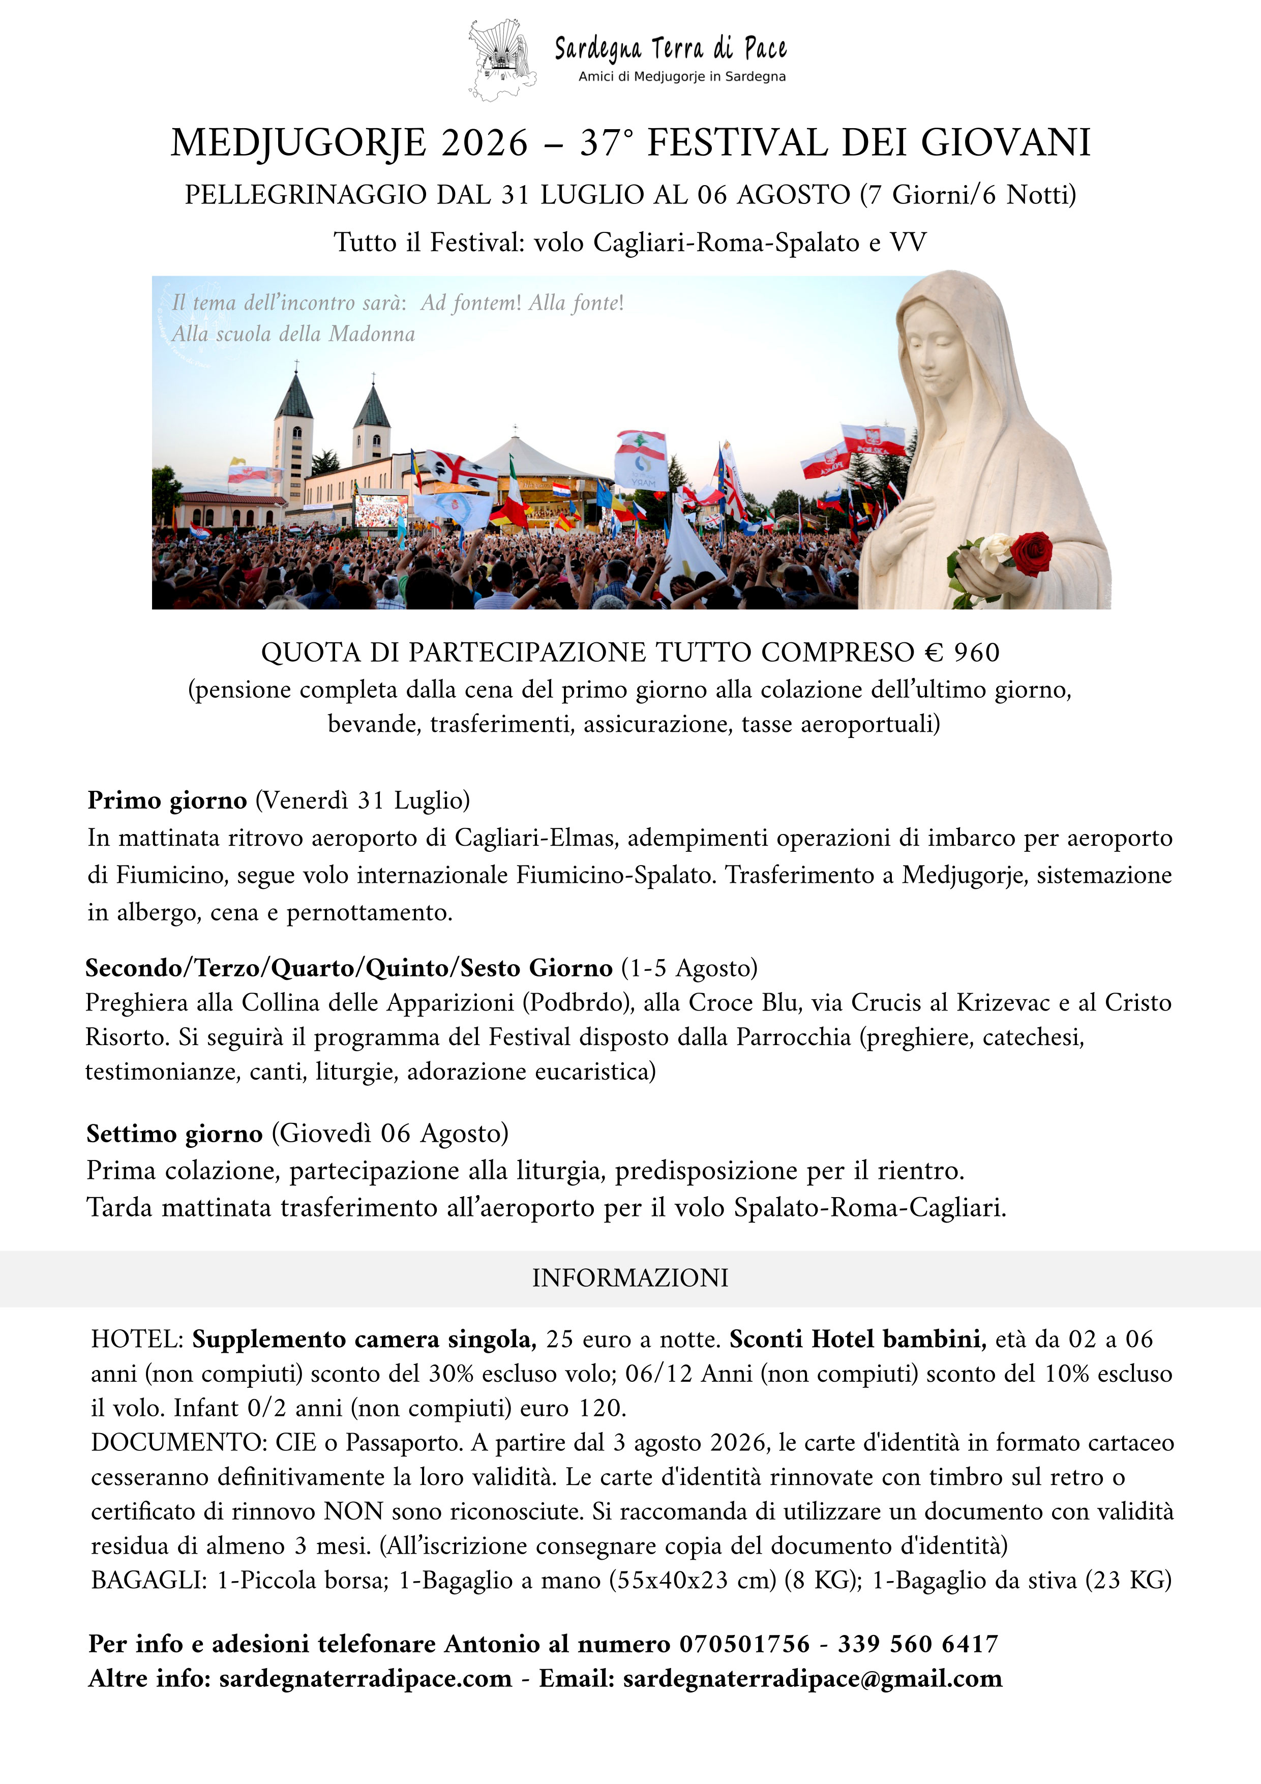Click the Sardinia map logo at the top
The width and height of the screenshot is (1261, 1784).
(x=502, y=60)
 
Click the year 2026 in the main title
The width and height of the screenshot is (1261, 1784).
(x=484, y=143)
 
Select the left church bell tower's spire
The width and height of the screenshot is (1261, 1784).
(x=294, y=394)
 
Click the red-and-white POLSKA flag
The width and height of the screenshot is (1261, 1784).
(x=874, y=440)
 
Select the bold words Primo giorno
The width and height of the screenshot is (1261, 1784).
(x=167, y=800)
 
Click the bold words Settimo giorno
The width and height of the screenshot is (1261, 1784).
(x=175, y=1134)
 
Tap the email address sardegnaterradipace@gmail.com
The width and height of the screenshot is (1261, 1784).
(x=813, y=1678)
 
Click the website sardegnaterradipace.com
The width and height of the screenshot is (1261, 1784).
(x=365, y=1678)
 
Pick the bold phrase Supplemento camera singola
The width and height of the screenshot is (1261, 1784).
(x=364, y=1340)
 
